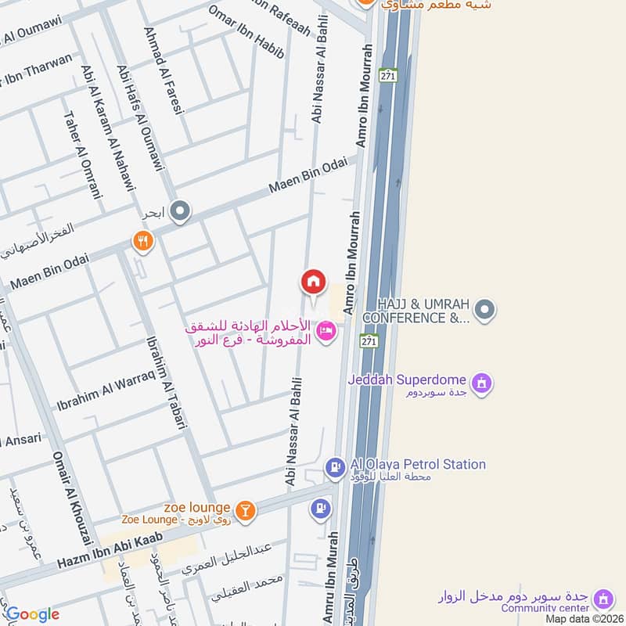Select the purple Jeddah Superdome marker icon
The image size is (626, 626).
[x=483, y=382]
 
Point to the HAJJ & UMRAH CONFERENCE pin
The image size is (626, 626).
[x=485, y=310]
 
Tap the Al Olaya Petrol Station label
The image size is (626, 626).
[x=418, y=464]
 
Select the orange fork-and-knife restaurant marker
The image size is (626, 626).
[x=142, y=242]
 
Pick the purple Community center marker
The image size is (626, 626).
[x=603, y=599]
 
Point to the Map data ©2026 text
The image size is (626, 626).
[x=585, y=618]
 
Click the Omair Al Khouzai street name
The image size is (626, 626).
[x=66, y=497]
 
